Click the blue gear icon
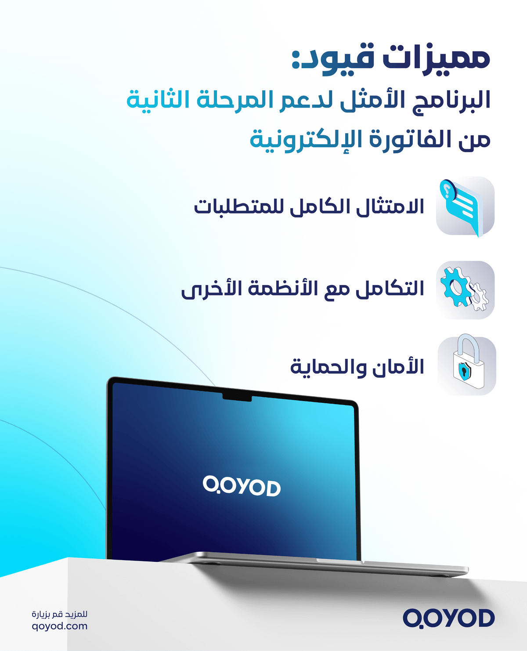(455, 286)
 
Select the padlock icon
(467, 365)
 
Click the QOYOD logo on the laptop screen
(242, 486)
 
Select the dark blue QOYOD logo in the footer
(448, 618)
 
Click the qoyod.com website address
(60, 626)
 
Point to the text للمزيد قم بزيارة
(60, 614)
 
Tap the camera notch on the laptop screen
(237, 398)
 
